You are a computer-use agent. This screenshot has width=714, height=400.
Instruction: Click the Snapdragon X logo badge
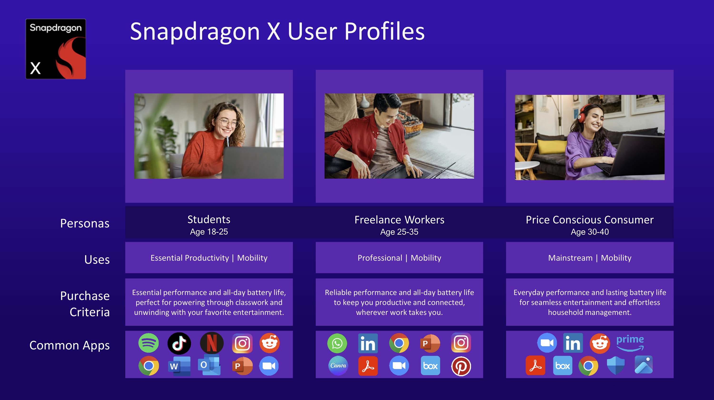(x=56, y=49)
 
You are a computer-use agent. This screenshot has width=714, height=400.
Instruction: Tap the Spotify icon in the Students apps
(x=149, y=343)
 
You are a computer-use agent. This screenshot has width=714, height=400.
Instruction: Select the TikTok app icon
(x=179, y=343)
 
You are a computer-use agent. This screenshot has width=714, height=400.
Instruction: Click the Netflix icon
(x=212, y=343)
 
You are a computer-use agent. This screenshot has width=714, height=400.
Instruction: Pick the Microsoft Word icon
(x=179, y=366)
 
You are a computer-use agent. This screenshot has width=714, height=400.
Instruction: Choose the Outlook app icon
(x=209, y=365)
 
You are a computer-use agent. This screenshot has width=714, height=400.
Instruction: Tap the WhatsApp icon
(x=337, y=343)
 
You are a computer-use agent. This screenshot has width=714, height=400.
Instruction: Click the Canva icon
(x=338, y=366)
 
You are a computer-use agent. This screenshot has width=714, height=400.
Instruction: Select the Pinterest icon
(x=461, y=366)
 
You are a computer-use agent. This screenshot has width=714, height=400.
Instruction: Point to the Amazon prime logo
(x=630, y=343)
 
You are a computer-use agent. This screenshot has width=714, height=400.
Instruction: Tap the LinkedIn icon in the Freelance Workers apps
(x=368, y=343)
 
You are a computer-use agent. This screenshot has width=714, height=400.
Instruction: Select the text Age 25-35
(x=399, y=232)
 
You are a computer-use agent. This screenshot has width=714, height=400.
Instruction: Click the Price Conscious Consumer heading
(x=590, y=220)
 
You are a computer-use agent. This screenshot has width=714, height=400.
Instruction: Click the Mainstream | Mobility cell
(x=590, y=258)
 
